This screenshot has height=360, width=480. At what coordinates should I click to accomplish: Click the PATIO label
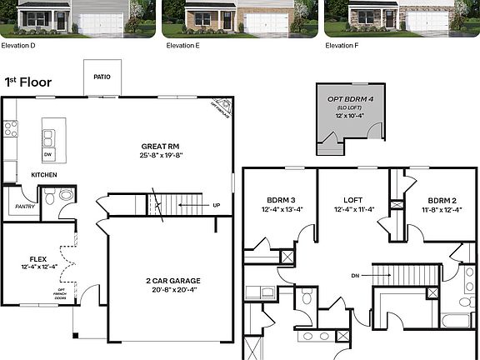[102, 77]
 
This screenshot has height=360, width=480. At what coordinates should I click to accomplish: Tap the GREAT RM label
[155, 146]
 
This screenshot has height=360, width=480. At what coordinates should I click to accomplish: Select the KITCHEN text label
[43, 175]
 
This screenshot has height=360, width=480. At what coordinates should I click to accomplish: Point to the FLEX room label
[38, 258]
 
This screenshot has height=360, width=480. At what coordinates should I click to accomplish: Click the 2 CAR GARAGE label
[167, 281]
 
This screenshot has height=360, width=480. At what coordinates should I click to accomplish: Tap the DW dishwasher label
[48, 155]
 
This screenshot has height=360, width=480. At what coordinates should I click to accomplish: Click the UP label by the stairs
[217, 205]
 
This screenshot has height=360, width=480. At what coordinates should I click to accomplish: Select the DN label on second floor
[355, 274]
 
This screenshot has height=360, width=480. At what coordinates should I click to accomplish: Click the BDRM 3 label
[281, 200]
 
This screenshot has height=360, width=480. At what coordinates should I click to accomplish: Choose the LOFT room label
[353, 200]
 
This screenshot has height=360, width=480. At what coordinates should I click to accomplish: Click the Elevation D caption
[18, 45]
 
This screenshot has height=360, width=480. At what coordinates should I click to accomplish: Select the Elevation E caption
[182, 45]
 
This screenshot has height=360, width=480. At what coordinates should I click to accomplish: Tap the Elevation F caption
[342, 45]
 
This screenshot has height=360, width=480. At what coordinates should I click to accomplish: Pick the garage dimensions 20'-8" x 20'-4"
[167, 291]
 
